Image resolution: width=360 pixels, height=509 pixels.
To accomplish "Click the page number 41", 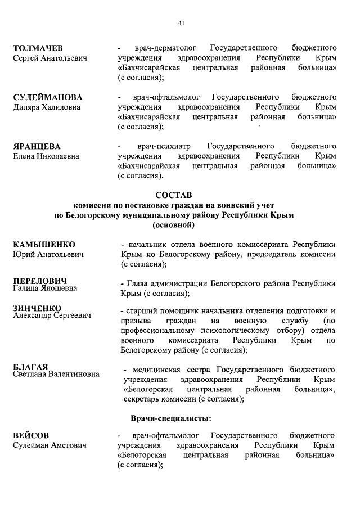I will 181,23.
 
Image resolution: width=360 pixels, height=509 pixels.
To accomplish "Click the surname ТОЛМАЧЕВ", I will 38,47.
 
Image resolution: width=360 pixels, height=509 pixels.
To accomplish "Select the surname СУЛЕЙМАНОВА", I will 48,97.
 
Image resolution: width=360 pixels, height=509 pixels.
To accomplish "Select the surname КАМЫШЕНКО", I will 44,244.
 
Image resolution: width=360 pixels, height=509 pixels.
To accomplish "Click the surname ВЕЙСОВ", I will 30,435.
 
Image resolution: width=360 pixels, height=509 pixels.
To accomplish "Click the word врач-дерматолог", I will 163,48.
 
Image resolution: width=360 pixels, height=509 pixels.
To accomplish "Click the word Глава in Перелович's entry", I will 138,283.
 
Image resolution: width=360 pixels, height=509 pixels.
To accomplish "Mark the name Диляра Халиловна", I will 47,107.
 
